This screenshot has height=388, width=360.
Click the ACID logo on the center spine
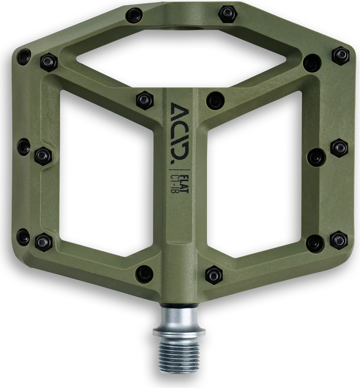(180, 131)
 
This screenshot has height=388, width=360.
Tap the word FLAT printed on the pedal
(185, 184)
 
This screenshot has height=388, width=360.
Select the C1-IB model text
(176, 184)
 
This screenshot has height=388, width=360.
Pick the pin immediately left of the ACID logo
(145, 100)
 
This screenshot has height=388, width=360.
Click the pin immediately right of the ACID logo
(215, 100)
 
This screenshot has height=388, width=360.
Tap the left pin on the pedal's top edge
(134, 15)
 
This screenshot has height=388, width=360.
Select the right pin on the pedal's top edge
(227, 14)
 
